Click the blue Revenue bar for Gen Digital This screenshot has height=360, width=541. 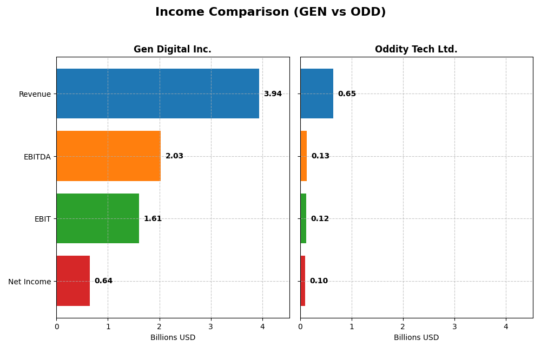coord(157,94)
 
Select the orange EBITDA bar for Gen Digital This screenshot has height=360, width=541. coord(108,156)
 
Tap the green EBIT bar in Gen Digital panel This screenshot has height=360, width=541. coord(97,218)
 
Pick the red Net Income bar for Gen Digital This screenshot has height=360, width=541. coord(73,281)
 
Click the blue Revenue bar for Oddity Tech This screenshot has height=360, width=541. coord(316,94)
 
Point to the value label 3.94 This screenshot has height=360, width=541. coord(273,94)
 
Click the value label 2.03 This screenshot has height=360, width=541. coord(174,156)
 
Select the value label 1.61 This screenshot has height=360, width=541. coord(153,219)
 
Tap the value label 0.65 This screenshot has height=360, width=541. coord(347,94)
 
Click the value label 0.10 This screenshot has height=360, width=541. coord(319,281)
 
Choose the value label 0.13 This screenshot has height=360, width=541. coord(320,156)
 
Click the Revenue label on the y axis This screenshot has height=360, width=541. coord(35,95)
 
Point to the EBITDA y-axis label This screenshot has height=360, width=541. coord(37,157)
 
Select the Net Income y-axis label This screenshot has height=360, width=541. coord(29,282)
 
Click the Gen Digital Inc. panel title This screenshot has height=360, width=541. coord(173,50)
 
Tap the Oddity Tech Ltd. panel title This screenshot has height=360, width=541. coord(416,50)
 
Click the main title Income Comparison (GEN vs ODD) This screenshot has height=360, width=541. coord(270,12)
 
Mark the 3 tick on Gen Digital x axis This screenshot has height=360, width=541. coord(211,326)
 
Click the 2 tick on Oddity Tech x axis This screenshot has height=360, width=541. coord(403,326)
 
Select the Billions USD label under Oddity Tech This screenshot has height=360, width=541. coord(416,338)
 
